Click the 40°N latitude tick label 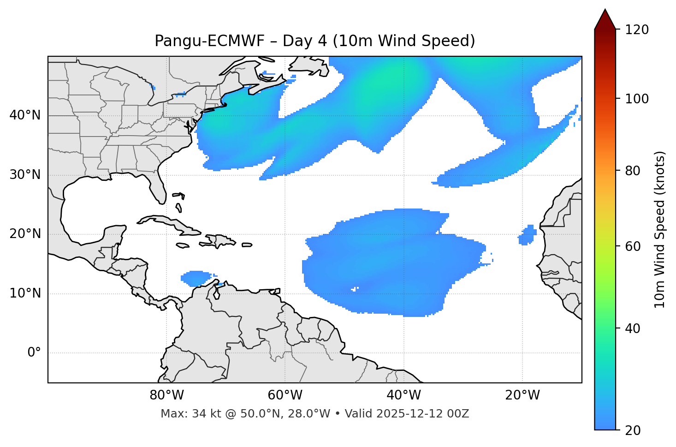coord(25,115)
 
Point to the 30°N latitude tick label coord(25,175)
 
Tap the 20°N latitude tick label coord(25,234)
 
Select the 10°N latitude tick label coord(25,293)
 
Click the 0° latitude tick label coord(34,353)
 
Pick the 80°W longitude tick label coord(166,395)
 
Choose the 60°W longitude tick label coord(285,395)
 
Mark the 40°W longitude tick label coord(403,395)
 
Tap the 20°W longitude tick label coord(522,395)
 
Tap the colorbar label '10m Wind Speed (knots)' coord(660,229)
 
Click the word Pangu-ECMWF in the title coord(209,41)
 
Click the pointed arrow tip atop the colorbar coord(605,14)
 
